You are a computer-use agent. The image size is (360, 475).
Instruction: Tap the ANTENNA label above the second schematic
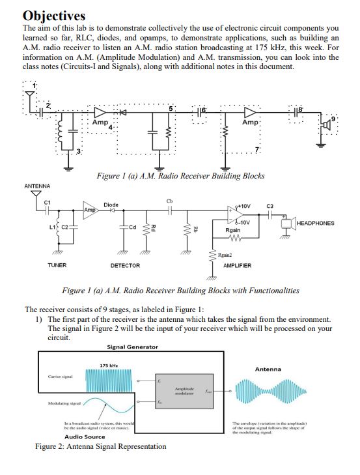pyautogui.click(x=36, y=186)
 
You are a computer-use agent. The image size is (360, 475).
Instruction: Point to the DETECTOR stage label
pyautogui.click(x=126, y=265)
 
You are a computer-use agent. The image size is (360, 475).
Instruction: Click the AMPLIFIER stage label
pyautogui.click(x=238, y=265)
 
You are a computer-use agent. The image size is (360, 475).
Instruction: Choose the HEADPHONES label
pyautogui.click(x=314, y=223)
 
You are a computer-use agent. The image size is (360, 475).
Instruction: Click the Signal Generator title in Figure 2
pyautogui.click(x=132, y=347)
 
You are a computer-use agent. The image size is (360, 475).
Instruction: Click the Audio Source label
pyautogui.click(x=85, y=437)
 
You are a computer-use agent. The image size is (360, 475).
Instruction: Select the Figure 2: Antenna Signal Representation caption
pyautogui.click(x=101, y=446)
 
